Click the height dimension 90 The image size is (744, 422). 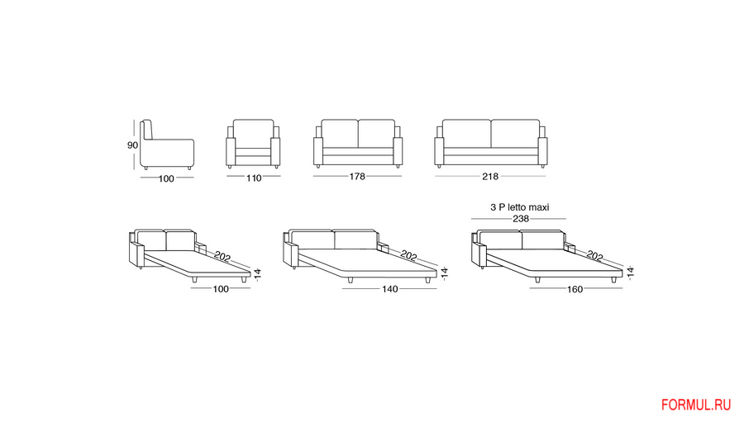point(132,145)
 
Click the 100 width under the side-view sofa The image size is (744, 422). point(167,178)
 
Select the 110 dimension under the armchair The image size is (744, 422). point(253,178)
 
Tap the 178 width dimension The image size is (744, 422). point(358,176)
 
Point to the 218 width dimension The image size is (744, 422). point(491,176)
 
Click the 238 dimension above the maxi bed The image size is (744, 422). point(520,219)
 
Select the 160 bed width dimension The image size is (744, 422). point(575,289)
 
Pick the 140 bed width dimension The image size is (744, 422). point(391,289)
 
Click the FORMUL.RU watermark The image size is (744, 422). point(696,405)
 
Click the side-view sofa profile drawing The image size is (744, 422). point(168,146)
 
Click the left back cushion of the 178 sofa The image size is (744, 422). point(339,133)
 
